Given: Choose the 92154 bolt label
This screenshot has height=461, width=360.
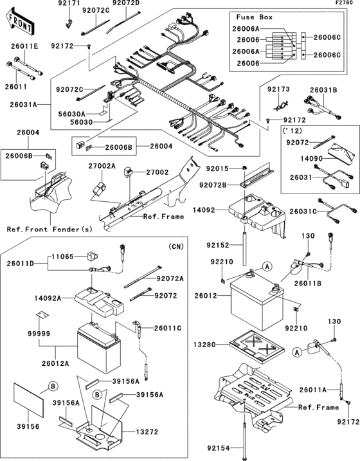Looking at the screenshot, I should (219, 446).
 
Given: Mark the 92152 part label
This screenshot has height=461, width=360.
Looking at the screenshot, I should (218, 245).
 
